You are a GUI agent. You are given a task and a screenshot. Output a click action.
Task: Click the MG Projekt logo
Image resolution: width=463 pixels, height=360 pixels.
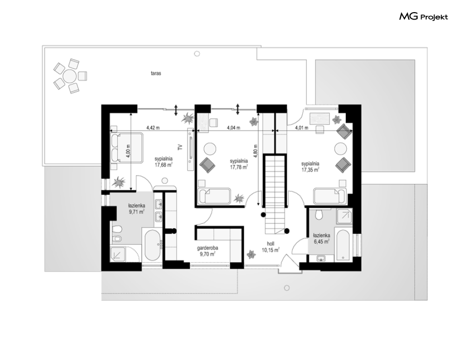click(423, 17)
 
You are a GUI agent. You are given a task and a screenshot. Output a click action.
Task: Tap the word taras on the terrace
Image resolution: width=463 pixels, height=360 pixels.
click(156, 73)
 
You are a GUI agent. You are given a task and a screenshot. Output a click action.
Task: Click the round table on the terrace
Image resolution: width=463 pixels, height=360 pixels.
click(70, 76)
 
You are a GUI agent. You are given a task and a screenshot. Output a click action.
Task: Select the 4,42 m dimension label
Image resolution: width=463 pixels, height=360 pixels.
click(153, 128)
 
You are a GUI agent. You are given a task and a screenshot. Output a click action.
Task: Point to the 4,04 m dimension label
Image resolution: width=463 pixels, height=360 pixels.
click(233, 128)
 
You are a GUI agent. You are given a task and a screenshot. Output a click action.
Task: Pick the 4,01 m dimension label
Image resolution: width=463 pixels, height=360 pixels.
click(302, 128)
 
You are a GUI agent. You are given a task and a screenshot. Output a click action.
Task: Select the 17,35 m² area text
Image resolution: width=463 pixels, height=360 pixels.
click(310, 170)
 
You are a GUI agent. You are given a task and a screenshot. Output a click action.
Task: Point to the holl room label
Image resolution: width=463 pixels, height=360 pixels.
click(270, 244)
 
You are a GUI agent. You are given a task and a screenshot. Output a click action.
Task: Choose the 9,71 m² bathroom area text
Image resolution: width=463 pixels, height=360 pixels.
click(136, 212)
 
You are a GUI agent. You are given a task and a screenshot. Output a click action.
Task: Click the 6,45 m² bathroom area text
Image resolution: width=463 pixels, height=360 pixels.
click(322, 242)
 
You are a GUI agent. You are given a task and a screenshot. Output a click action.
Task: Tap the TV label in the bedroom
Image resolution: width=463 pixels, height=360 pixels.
click(181, 147)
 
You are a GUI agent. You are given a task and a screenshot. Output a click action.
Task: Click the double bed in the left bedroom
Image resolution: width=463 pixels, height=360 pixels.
click(127, 148)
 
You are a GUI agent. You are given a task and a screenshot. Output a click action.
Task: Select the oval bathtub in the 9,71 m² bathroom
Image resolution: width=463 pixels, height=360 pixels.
click(153, 246)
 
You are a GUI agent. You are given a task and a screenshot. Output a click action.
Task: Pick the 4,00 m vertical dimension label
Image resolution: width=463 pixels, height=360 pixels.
click(128, 151)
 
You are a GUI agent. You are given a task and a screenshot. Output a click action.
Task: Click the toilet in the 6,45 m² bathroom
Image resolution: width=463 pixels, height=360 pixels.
click(319, 214)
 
